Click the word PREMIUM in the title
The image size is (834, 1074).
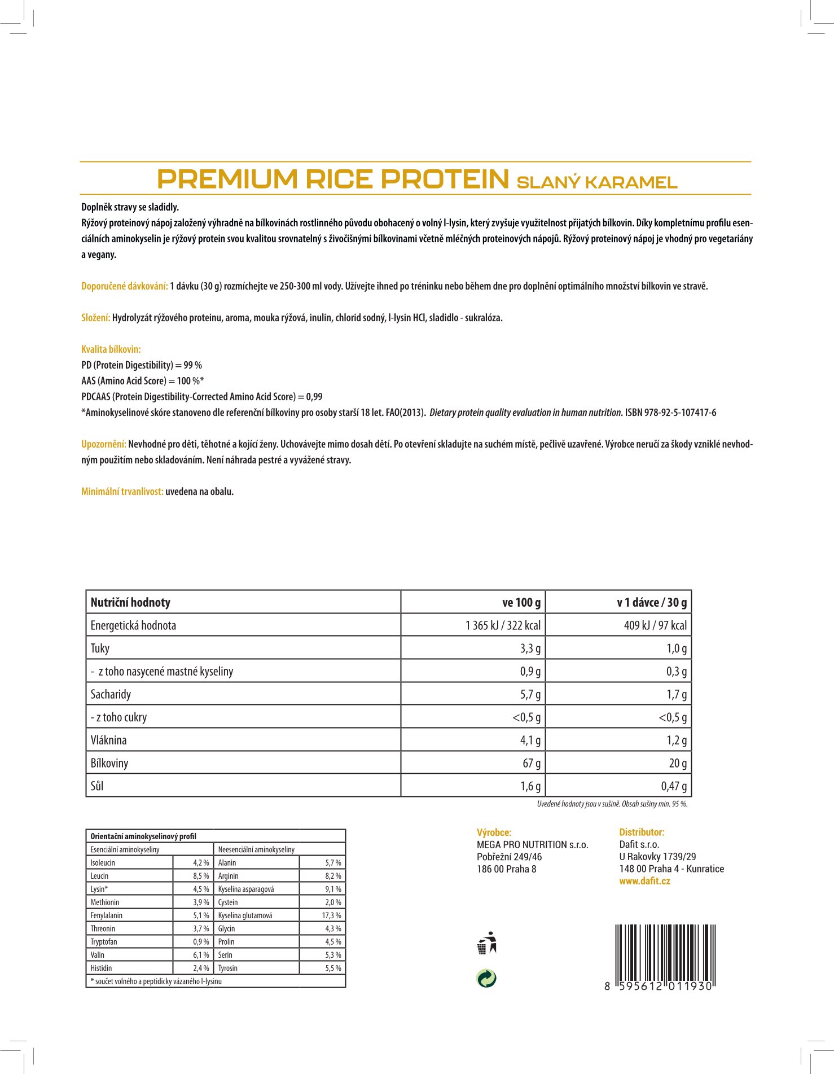tap(227, 179)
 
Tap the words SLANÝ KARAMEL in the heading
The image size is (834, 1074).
tap(597, 182)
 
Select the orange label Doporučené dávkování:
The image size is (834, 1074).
tap(125, 286)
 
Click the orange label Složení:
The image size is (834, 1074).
tap(95, 318)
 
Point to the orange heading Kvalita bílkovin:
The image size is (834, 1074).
tap(111, 349)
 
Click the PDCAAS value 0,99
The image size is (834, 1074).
tap(314, 397)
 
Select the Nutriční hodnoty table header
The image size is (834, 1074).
tap(130, 602)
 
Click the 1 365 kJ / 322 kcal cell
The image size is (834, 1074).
tap(503, 625)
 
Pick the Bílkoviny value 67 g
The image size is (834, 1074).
tap(532, 763)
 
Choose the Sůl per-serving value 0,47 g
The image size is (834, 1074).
tap(674, 786)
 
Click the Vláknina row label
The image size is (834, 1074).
tap(109, 740)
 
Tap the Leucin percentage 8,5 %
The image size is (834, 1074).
tap(201, 876)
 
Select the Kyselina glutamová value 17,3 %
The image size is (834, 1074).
tap(332, 915)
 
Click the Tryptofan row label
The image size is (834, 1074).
tap(104, 941)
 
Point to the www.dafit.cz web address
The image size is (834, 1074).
tap(644, 881)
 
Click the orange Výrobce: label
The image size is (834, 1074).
tap(494, 832)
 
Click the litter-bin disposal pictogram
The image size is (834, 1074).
tap(486, 943)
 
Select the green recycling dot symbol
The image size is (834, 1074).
tap(486, 978)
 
